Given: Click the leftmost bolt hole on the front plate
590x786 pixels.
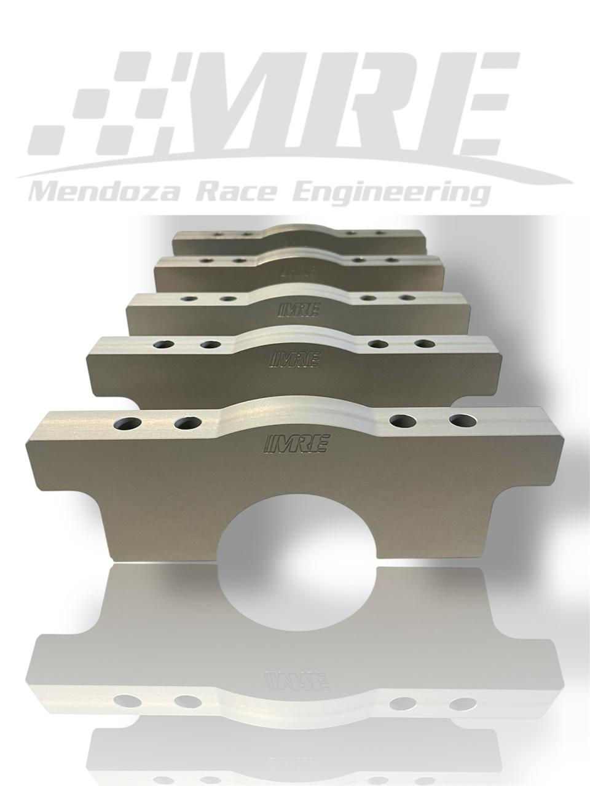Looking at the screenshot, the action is pos(127,424).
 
